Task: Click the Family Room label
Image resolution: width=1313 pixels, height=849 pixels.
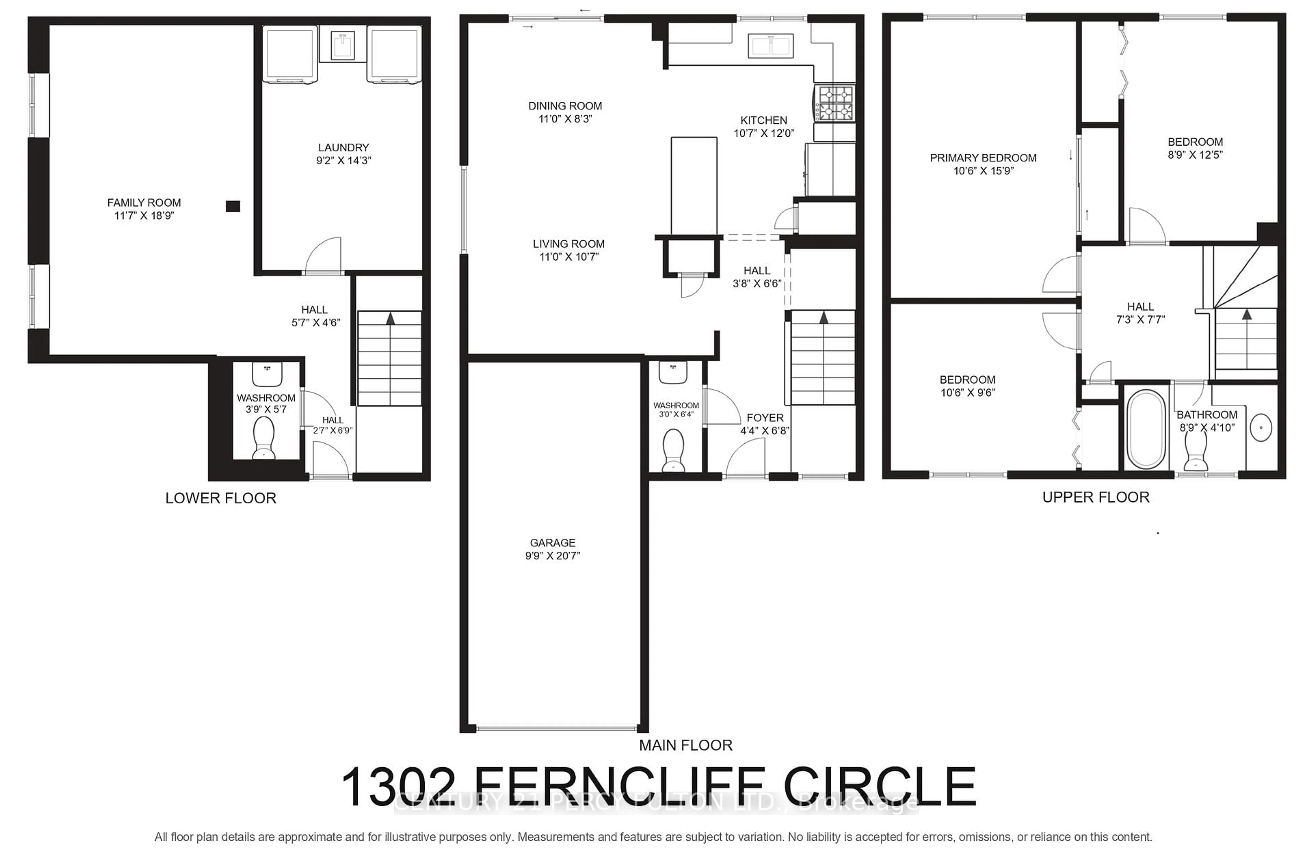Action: (x=144, y=203)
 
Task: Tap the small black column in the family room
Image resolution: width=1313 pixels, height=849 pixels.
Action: (x=233, y=206)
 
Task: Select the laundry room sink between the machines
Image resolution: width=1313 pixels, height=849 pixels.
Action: (x=343, y=45)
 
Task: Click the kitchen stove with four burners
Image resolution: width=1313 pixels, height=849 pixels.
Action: (x=835, y=103)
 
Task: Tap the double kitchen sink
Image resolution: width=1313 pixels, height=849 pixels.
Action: (x=770, y=46)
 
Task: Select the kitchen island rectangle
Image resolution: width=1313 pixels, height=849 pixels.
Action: (x=694, y=186)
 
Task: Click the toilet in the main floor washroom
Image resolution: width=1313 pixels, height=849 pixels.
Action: (x=673, y=449)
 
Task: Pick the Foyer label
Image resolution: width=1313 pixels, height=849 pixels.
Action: (x=765, y=418)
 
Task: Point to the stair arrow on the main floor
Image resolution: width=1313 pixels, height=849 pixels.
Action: (x=824, y=318)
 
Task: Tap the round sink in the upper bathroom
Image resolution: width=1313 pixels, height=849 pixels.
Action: (x=1261, y=428)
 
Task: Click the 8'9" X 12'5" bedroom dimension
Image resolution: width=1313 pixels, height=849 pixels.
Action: (x=1195, y=155)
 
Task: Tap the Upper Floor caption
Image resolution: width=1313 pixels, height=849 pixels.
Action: (x=1096, y=497)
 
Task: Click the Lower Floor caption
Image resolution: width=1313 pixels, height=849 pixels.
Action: (x=221, y=498)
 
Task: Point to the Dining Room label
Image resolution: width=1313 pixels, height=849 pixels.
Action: (x=565, y=106)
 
